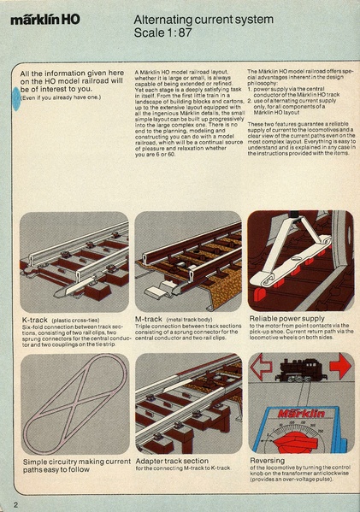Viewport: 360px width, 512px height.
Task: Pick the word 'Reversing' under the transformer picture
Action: pos(269,460)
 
